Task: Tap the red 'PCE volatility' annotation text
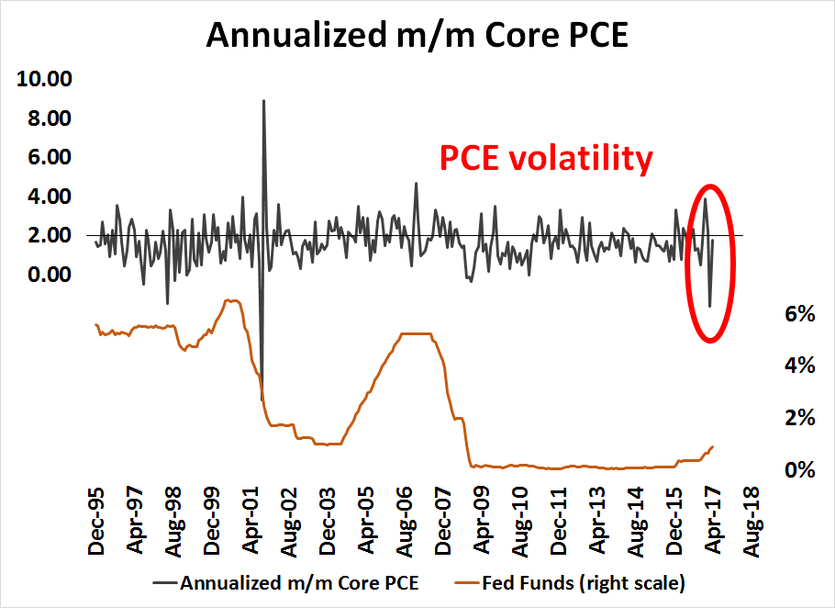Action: pos(547,158)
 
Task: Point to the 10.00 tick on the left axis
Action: pos(45,79)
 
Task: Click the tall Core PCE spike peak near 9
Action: pos(263,101)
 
